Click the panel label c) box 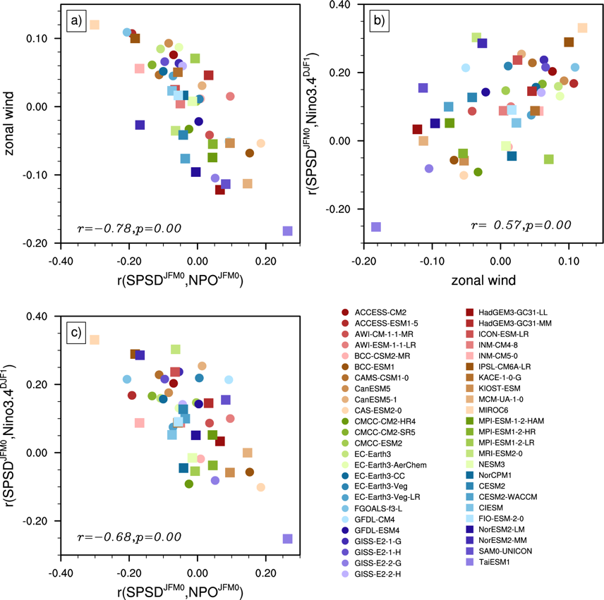click(75, 331)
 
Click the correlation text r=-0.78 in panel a click(129, 228)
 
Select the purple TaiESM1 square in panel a click(287, 231)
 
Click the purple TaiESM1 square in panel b click(376, 226)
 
